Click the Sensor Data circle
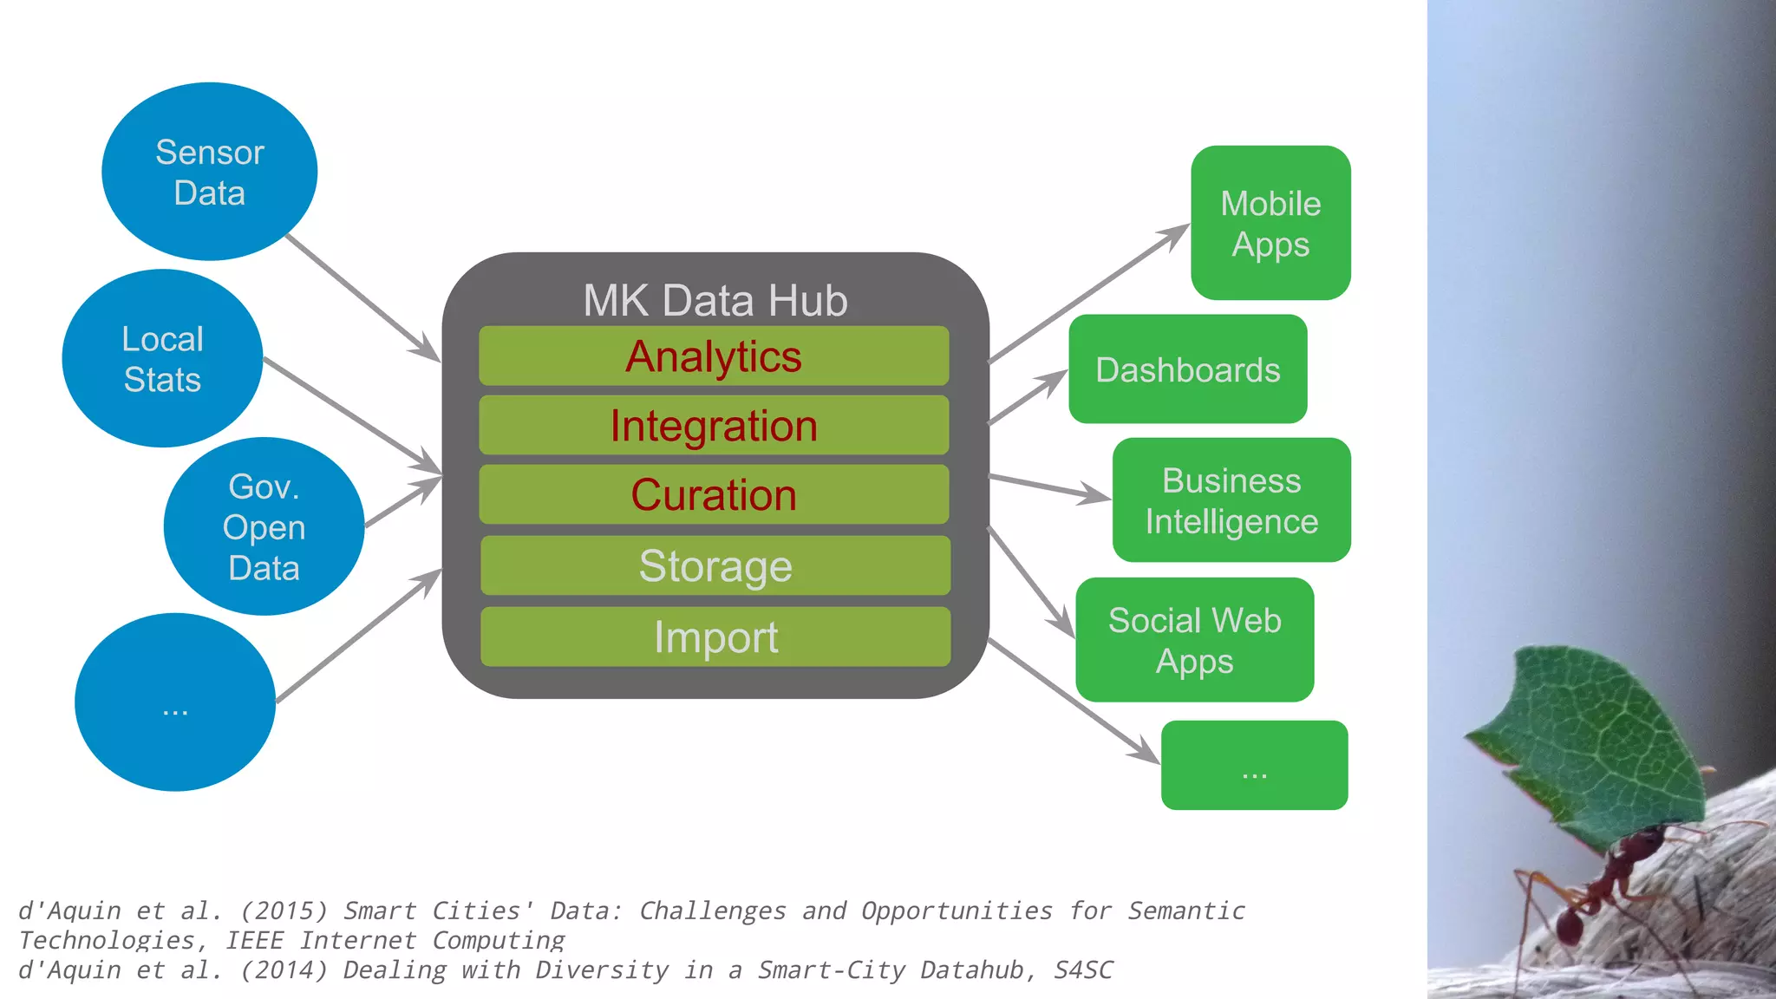pyautogui.click(x=209, y=172)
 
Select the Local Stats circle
pyautogui.click(x=162, y=358)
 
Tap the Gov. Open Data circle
pyautogui.click(x=264, y=526)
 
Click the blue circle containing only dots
pyautogui.click(x=175, y=702)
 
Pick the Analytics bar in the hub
pyautogui.click(x=714, y=356)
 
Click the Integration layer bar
pyautogui.click(x=714, y=425)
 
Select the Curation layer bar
pyautogui.click(x=714, y=494)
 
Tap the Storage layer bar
pyautogui.click(x=715, y=565)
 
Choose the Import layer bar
pyautogui.click(x=715, y=637)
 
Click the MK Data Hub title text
pyautogui.click(x=715, y=300)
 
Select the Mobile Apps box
pyautogui.click(x=1270, y=223)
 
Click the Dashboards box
pyautogui.click(x=1187, y=369)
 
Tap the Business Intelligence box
pyautogui.click(x=1231, y=500)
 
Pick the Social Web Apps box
pyautogui.click(x=1194, y=640)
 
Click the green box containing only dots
pyautogui.click(x=1254, y=765)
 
